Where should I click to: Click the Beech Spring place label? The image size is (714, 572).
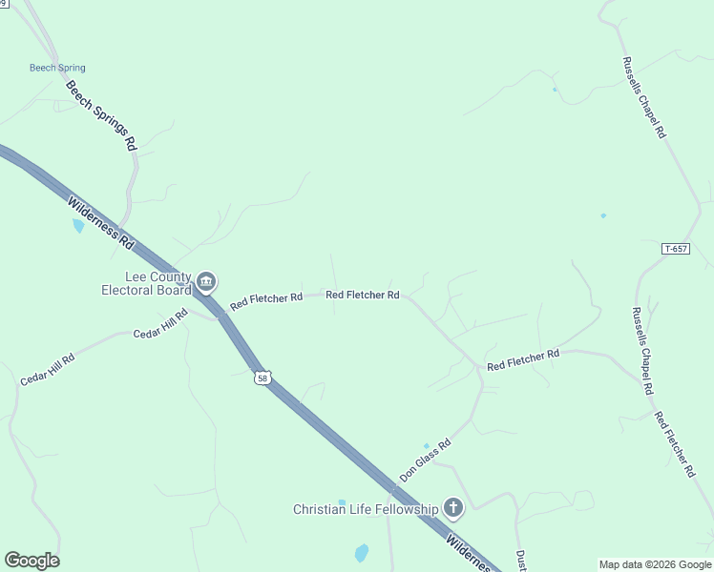[57, 68]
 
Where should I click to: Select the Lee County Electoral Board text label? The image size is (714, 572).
[147, 283]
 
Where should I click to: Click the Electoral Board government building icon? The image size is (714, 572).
[207, 282]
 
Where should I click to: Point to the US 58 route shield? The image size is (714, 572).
[262, 378]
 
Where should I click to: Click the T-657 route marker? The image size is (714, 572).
[675, 249]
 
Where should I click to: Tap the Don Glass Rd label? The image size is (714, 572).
[425, 460]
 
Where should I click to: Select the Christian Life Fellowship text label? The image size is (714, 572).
[365, 509]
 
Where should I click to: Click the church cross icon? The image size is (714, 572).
[453, 508]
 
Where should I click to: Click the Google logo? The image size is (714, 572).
[31, 561]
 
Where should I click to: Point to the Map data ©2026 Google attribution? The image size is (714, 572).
[655, 564]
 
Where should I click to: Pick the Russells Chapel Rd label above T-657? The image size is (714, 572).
[643, 97]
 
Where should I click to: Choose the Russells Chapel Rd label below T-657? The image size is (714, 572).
[642, 351]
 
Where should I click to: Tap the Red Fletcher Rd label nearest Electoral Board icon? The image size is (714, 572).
[266, 298]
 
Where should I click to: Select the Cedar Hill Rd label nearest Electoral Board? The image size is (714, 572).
[160, 324]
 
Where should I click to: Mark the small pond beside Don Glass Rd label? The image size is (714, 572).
[426, 445]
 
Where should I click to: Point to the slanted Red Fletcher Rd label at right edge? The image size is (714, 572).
[674, 444]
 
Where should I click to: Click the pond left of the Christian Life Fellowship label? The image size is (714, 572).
[342, 501]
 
